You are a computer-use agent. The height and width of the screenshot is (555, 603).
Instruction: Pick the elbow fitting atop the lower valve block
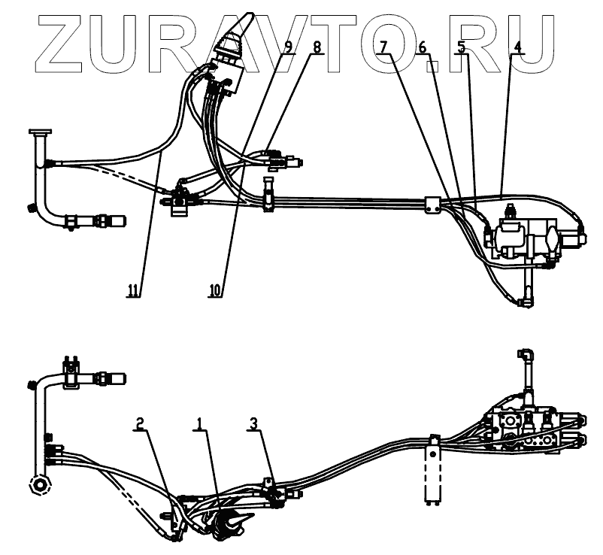526,356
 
